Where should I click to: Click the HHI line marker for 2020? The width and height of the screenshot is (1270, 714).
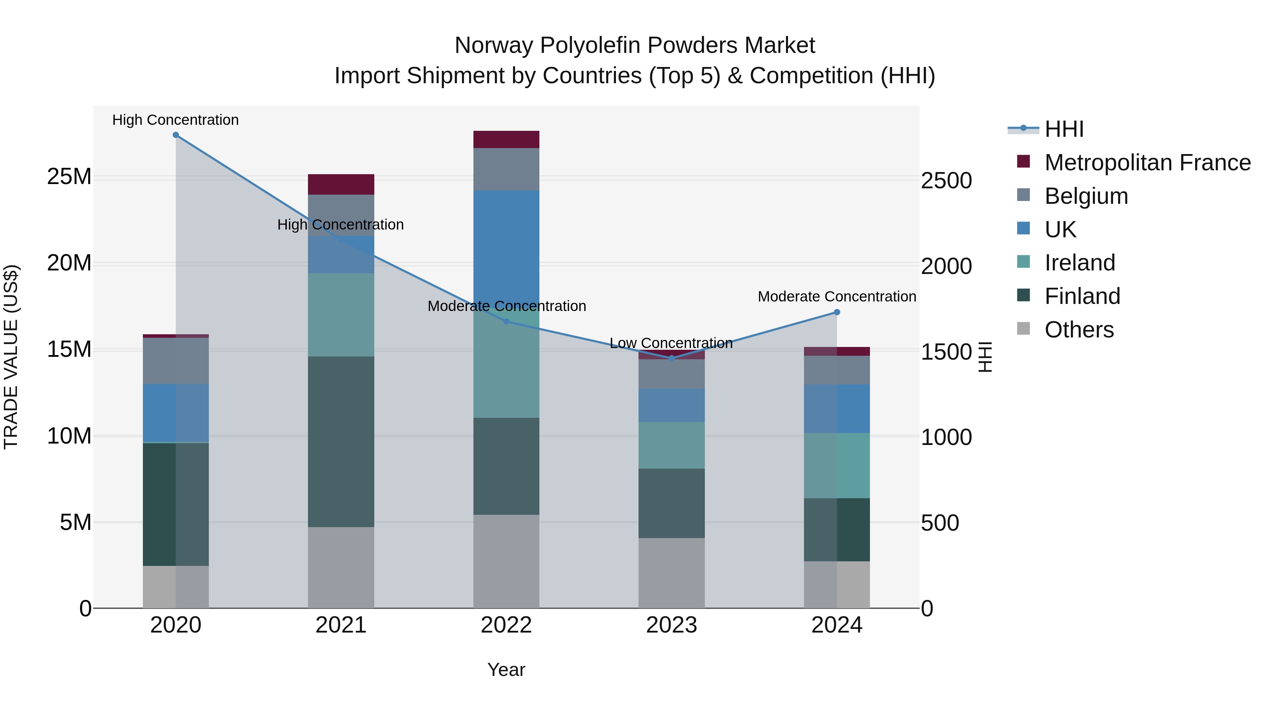[x=176, y=135]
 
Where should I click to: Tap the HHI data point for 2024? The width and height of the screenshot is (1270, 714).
[x=837, y=312]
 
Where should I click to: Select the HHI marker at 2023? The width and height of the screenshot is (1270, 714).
[x=671, y=358]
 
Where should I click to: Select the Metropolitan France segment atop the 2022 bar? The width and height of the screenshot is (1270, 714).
[x=506, y=139]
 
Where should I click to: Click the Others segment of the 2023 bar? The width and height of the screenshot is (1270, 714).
[x=671, y=573]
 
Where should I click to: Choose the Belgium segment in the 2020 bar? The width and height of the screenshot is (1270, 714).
[x=176, y=361]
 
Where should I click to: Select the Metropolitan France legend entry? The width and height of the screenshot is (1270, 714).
[x=1147, y=163]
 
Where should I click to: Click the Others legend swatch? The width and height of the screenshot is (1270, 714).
[x=1023, y=329]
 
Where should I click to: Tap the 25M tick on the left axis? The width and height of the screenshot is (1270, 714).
[x=69, y=176]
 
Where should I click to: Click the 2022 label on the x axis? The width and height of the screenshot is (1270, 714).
[x=506, y=625]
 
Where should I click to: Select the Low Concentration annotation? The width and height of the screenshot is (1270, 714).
[x=671, y=343]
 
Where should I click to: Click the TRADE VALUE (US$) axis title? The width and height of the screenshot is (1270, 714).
[x=11, y=357]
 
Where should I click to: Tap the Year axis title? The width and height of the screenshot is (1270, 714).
[x=506, y=670]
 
